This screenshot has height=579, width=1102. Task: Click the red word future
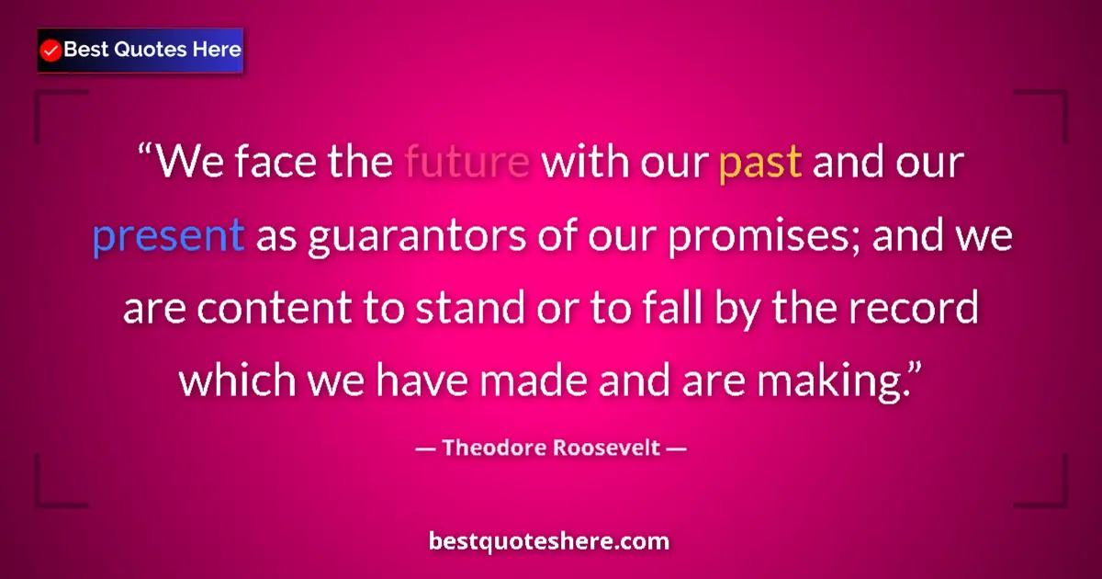[467, 164]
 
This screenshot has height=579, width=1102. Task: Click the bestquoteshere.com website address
[550, 541]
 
